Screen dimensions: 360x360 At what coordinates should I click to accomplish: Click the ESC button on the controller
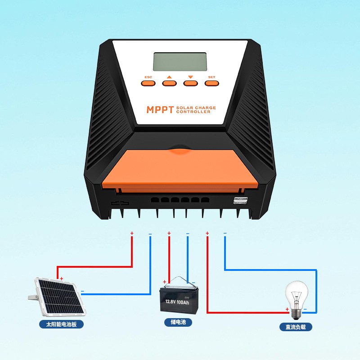click(x=148, y=82)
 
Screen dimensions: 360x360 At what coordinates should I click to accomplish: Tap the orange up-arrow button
click(x=169, y=82)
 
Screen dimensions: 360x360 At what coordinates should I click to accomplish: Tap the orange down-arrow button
click(x=190, y=82)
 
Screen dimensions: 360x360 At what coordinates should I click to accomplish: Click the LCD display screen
click(x=180, y=62)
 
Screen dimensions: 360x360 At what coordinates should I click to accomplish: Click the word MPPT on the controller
click(x=160, y=110)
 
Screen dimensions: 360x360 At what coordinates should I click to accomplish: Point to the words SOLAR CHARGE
click(x=196, y=108)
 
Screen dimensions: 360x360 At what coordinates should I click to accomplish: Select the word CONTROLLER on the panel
click(x=193, y=112)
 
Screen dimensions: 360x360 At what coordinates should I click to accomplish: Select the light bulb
click(x=297, y=295)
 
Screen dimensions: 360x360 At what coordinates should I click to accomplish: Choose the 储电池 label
click(x=178, y=322)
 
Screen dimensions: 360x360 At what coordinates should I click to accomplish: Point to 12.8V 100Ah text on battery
click(x=179, y=301)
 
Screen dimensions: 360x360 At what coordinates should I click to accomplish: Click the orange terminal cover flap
click(x=180, y=168)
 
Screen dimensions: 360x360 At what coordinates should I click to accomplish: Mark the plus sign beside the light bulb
click(x=287, y=309)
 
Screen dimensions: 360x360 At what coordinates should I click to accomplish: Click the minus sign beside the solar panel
click(x=82, y=291)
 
